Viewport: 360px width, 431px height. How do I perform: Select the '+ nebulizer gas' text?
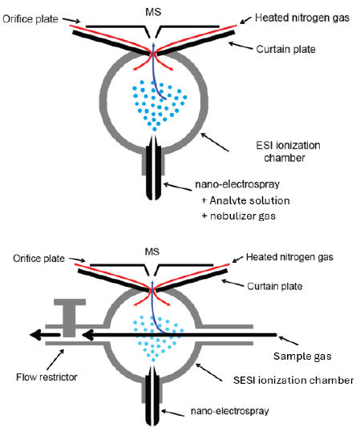(x=244, y=217)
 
